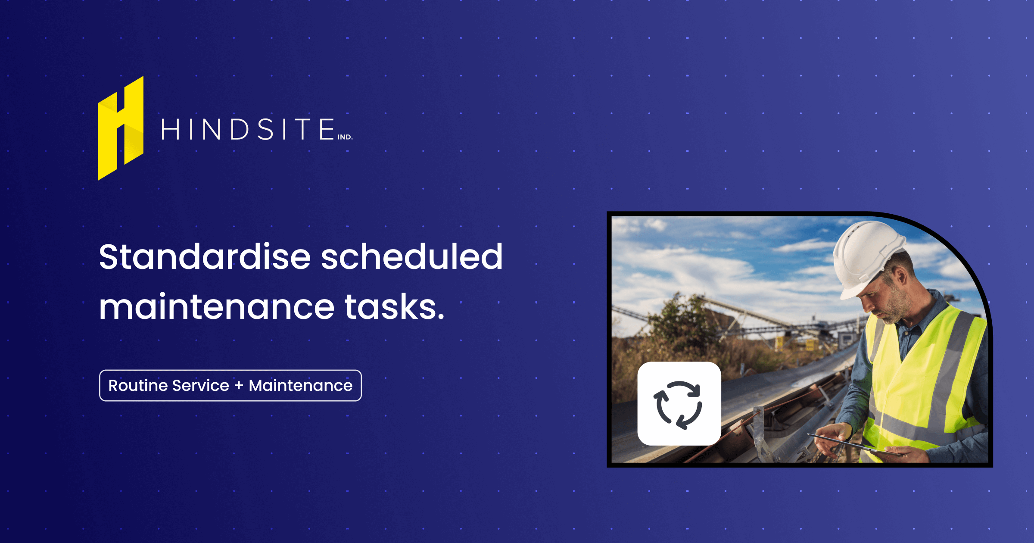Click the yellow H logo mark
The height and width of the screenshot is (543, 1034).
point(121,128)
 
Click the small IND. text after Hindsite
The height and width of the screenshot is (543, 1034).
point(345,137)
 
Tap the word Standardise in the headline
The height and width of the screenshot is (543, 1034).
point(205,257)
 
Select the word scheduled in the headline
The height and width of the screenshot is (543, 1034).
point(412,257)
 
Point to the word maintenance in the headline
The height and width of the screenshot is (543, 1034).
point(217,307)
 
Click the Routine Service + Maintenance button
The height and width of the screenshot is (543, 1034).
point(230,386)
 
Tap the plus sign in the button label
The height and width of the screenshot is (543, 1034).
point(239,386)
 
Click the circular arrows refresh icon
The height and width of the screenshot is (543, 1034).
point(679,404)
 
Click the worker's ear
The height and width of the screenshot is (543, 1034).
point(901,277)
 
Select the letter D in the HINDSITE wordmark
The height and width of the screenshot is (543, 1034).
point(240,129)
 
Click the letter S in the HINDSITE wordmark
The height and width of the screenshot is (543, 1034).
point(266,129)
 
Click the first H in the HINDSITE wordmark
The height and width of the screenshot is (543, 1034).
point(170,129)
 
